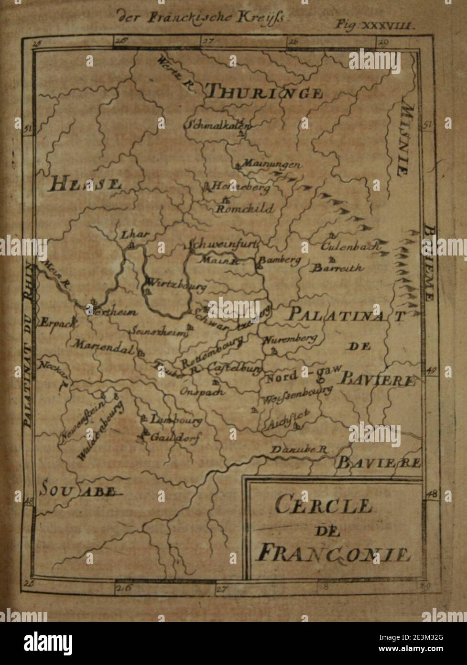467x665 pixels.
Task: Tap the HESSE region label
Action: (x=84, y=184)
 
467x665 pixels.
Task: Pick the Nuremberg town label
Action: (x=290, y=339)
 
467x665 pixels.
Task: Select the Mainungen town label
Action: (x=271, y=165)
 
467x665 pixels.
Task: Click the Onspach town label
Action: (x=203, y=391)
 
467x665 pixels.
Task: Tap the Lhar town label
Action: (x=135, y=234)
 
